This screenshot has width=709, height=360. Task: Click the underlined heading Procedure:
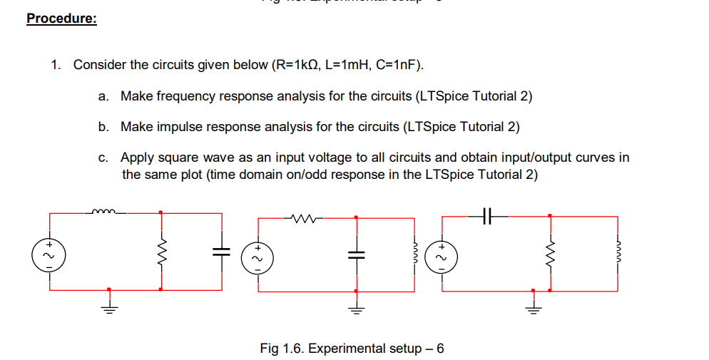tap(61, 19)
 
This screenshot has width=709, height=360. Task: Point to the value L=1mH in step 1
tap(348, 66)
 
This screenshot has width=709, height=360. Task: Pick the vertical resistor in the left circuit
tap(160, 251)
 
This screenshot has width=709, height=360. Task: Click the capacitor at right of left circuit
tap(221, 251)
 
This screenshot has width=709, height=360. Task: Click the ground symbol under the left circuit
tap(108, 306)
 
